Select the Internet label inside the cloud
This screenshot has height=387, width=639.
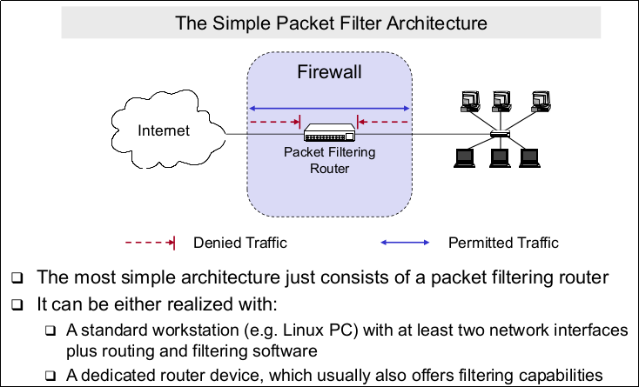[x=164, y=131]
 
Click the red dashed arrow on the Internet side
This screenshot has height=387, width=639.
[x=274, y=123]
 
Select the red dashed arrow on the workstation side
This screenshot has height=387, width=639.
[x=383, y=123]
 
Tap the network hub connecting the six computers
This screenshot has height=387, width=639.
[x=500, y=134]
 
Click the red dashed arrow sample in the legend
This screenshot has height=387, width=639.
[x=151, y=243]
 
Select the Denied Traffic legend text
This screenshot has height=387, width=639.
[x=240, y=243]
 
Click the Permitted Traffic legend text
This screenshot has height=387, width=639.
[x=502, y=243]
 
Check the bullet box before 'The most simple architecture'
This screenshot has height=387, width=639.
[x=17, y=279]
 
